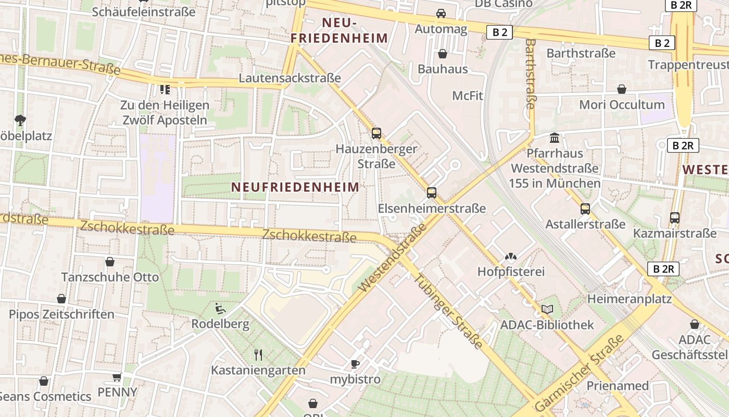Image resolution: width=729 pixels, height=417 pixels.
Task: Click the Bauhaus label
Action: click(x=443, y=69)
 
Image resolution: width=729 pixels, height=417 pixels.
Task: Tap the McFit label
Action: click(x=468, y=95)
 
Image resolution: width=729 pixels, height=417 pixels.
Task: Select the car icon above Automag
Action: click(x=441, y=14)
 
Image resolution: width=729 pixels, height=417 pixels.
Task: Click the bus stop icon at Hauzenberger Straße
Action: click(x=376, y=133)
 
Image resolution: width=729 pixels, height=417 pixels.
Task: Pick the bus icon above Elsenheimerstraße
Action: click(x=432, y=192)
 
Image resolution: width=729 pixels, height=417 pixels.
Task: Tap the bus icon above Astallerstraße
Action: click(x=585, y=208)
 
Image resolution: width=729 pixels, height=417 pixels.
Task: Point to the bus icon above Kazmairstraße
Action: click(x=675, y=217)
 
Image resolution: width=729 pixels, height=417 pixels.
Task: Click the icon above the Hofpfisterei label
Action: click(x=511, y=256)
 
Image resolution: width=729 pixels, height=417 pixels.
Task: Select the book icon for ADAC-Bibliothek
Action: click(x=547, y=309)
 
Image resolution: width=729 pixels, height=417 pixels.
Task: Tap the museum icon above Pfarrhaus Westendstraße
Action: click(x=555, y=138)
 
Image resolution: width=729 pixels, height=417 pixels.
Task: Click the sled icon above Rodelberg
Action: click(x=220, y=309)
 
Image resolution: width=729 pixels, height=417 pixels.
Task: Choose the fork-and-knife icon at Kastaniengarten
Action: click(x=258, y=355)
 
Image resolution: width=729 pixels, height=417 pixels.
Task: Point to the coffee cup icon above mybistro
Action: click(x=355, y=363)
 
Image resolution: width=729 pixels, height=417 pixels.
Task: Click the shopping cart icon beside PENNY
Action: click(x=117, y=377)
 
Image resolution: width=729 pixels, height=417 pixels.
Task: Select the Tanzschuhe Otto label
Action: click(x=110, y=277)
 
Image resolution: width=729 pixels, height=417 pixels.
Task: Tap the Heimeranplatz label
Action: click(x=629, y=299)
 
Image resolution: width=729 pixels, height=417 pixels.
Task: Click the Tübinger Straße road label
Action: click(x=448, y=311)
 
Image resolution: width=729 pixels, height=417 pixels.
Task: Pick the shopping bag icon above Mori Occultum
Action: click(x=622, y=89)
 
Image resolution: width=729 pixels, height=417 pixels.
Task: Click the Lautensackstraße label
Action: click(x=290, y=78)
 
